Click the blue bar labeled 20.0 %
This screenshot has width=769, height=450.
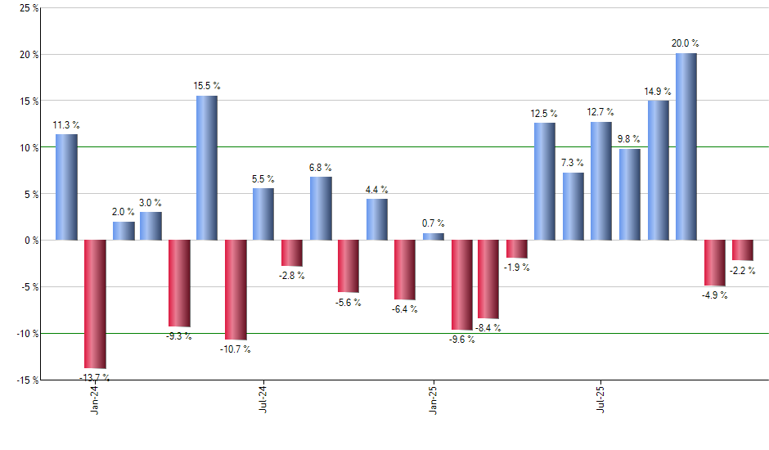coord(686,146)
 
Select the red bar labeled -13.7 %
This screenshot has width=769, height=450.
coord(95,304)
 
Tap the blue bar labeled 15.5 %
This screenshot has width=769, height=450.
coord(207,168)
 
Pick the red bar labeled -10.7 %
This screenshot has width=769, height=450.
coord(236,290)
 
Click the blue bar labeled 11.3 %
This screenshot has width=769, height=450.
coord(66,187)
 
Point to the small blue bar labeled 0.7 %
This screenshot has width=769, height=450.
coord(434,236)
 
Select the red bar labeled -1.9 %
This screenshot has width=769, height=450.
coord(517,249)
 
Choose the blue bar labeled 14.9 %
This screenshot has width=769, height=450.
coord(659,170)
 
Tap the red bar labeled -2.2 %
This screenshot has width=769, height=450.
coord(743,250)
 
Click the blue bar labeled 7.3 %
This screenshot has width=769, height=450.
coord(573,206)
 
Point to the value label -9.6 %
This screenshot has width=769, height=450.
coord(461,340)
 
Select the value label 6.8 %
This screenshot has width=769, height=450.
coord(320,167)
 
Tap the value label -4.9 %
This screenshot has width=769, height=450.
coord(714,295)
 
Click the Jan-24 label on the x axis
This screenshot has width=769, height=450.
coord(96,400)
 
